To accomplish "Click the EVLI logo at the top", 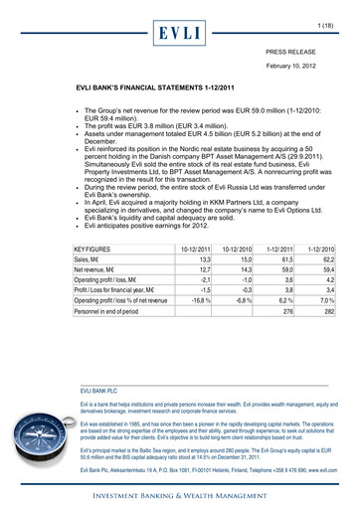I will [x=179, y=33].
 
